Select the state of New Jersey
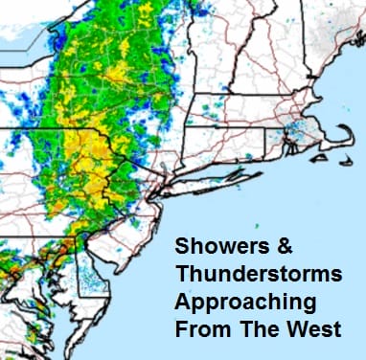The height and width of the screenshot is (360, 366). click(158, 215)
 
